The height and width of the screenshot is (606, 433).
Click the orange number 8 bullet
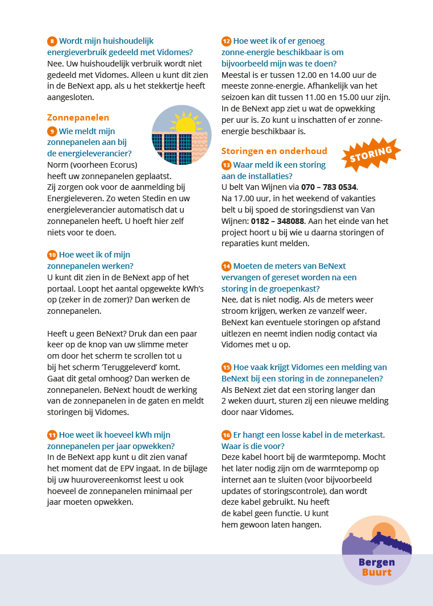coord(52,41)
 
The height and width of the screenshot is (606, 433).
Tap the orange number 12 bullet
coord(226,41)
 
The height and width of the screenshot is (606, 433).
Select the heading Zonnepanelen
coord(78,118)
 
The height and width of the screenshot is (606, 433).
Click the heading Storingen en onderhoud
coord(274,151)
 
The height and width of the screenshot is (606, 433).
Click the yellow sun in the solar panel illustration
coord(185,123)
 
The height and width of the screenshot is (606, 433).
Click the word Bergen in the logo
coord(377,562)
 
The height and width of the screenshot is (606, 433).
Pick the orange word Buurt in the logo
coord(377,572)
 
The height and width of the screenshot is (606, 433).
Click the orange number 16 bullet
coord(226,435)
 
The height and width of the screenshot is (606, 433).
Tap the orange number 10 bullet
coord(52,255)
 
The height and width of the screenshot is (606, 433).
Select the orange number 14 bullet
coord(226,266)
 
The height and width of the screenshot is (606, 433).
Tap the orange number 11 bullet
coord(52,435)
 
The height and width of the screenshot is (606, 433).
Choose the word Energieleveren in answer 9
coord(74,198)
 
